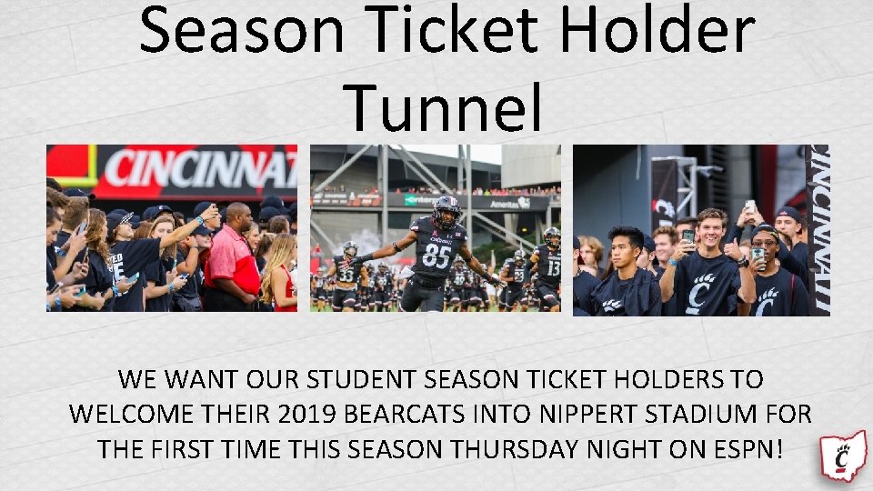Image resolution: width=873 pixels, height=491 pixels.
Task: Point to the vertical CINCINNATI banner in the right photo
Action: (x=818, y=227)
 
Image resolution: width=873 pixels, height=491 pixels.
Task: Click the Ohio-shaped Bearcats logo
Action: (x=843, y=456)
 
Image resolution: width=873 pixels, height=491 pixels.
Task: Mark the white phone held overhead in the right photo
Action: (x=750, y=206)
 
